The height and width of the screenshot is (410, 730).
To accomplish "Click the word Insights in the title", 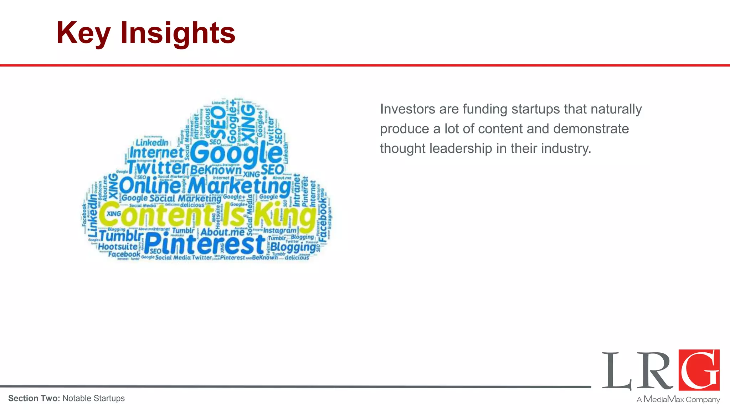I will pyautogui.click(x=178, y=33).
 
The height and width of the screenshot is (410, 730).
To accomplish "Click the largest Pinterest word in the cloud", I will pyautogui.click(x=205, y=245).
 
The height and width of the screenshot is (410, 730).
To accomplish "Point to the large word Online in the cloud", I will pyautogui.click(x=150, y=186).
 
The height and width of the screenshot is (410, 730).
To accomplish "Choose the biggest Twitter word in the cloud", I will pyautogui.click(x=158, y=167).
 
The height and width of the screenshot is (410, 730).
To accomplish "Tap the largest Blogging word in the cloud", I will pyautogui.click(x=293, y=247).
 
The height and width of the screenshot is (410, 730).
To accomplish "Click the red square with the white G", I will pyautogui.click(x=699, y=370).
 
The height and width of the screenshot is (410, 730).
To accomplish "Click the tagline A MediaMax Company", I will pyautogui.click(x=678, y=399).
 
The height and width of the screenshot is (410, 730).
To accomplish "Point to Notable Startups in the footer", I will pyautogui.click(x=93, y=398).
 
